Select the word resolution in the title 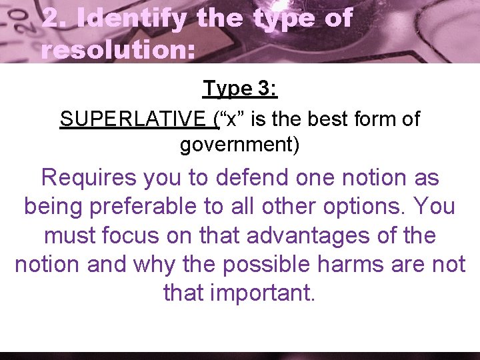[117, 50]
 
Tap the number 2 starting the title [51, 19]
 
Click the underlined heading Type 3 [240, 88]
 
